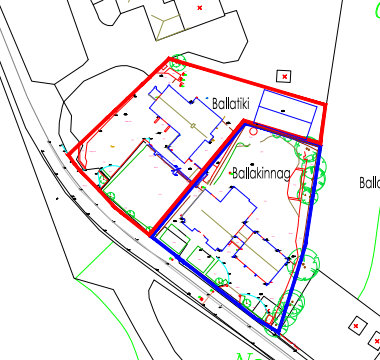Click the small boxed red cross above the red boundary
284,76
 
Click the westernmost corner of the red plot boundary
68,152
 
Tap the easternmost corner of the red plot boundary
325,103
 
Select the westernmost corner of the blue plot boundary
157,237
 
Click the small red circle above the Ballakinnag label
252,130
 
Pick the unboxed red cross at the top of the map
199,8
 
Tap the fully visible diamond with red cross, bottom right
355,326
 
